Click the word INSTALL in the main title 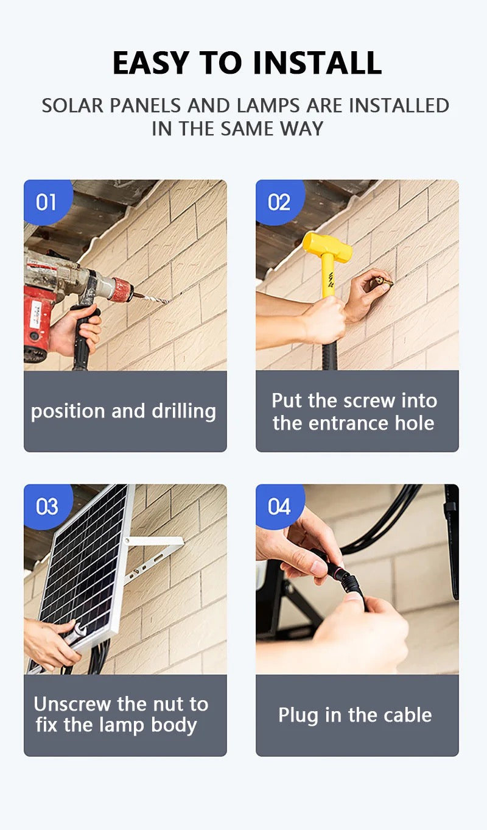click(317, 63)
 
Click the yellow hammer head click(327, 246)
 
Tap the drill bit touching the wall click(152, 297)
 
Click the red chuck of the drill click(122, 289)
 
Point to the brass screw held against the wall click(384, 282)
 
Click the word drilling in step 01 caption click(184, 412)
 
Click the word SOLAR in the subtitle click(72, 105)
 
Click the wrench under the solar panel click(74, 634)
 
